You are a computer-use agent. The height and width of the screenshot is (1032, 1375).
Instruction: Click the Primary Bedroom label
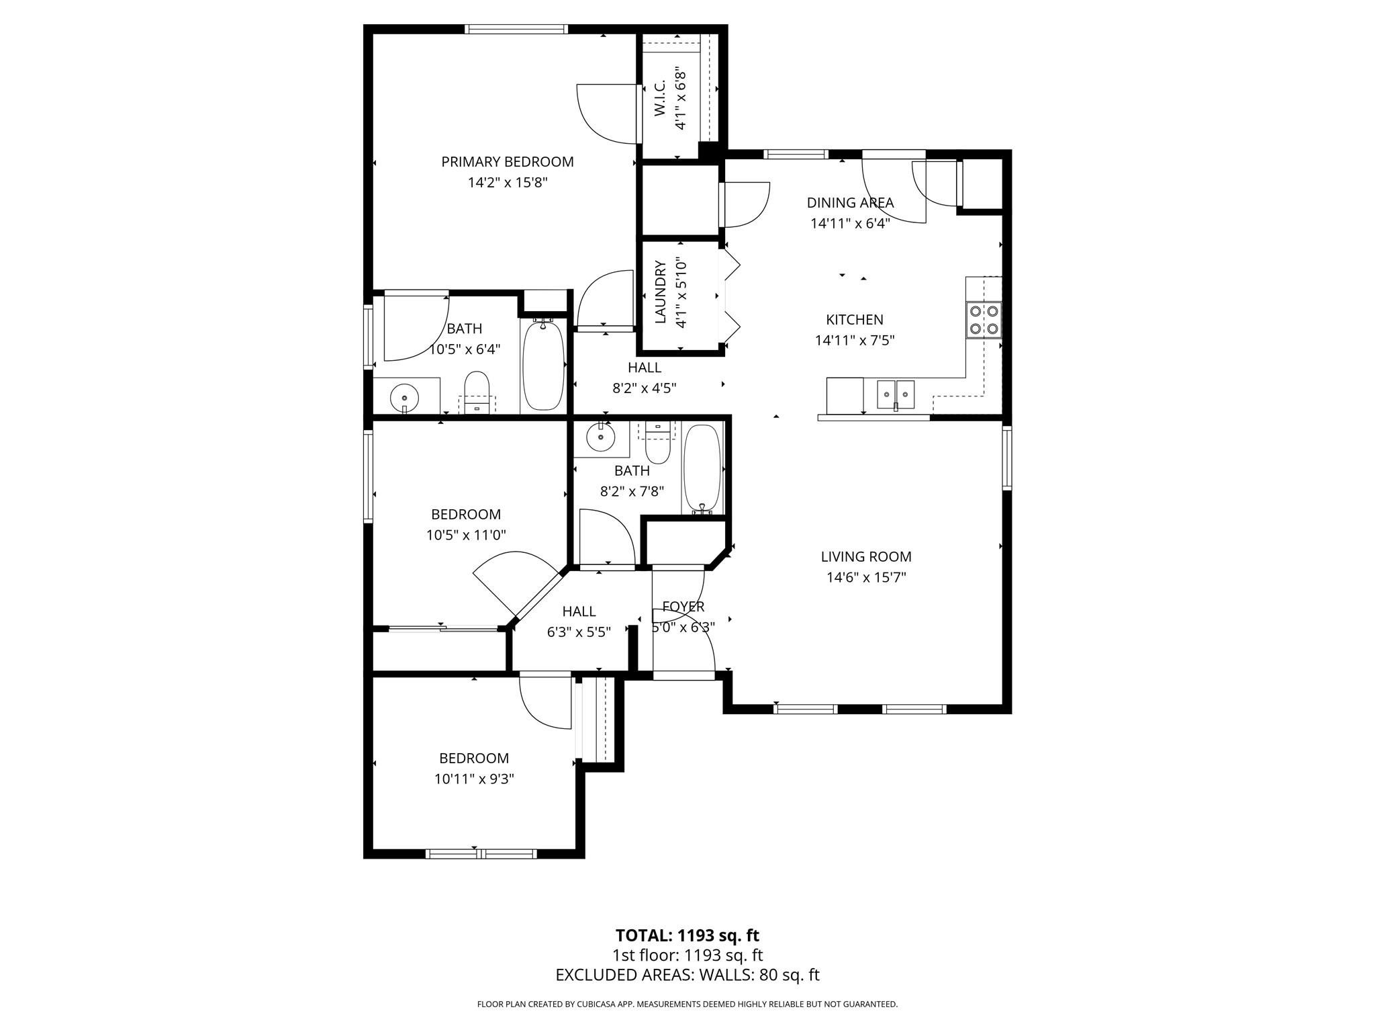pos(508,162)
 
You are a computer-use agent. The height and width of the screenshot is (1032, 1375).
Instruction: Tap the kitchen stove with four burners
pos(984,320)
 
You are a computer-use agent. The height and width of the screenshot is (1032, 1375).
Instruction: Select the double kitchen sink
pos(896,394)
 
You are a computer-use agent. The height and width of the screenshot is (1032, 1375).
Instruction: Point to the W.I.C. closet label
pos(659,97)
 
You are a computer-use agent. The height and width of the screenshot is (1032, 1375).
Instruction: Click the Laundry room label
pos(660,292)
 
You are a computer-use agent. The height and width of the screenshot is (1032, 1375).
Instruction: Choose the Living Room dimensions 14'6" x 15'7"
pos(866,577)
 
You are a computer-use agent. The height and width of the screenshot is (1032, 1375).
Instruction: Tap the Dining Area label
pos(850,202)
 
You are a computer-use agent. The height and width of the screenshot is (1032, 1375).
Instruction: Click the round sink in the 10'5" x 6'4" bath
pos(404,398)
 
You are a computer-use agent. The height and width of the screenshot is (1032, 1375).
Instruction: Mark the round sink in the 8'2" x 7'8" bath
pos(600,438)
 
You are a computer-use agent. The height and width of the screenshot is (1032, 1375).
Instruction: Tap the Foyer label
pos(683,607)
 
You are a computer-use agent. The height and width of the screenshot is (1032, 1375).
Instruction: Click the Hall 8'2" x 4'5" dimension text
pos(644,388)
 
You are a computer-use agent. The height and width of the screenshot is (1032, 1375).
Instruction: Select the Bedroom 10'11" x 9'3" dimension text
pos(474,779)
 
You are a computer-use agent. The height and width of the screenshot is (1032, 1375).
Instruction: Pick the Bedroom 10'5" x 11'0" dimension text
pos(466,535)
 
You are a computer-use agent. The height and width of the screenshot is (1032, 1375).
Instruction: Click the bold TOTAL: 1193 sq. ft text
pos(687,935)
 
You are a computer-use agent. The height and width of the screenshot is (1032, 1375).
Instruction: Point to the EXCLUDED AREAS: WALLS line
pos(687,976)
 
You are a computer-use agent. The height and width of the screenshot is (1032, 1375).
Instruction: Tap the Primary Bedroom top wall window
pos(516,29)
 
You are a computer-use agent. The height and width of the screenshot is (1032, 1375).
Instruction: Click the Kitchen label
pos(855,320)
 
